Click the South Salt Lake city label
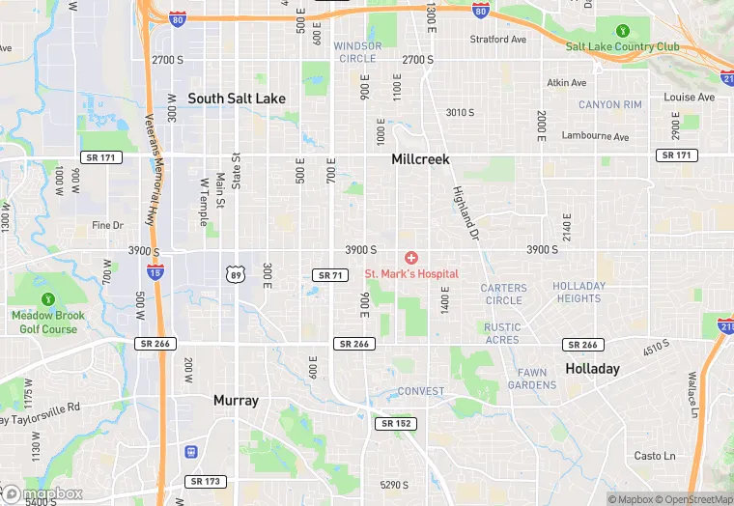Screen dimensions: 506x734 [236, 98]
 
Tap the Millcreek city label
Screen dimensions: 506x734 [420, 159]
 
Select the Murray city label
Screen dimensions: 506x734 [236, 400]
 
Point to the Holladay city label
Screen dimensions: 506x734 [591, 369]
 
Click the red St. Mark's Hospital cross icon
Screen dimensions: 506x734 [411, 257]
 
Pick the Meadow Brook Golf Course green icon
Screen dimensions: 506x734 [48, 299]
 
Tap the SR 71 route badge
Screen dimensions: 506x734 [329, 275]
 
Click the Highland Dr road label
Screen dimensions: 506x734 [466, 212]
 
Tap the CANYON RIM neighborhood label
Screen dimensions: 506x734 [609, 104]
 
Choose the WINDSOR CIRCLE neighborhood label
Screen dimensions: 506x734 [356, 52]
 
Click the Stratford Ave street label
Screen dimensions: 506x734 [497, 40]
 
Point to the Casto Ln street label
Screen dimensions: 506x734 [655, 456]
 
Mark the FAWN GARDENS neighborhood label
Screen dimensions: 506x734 [532, 379]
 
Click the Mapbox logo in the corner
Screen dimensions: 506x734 [43, 493]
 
